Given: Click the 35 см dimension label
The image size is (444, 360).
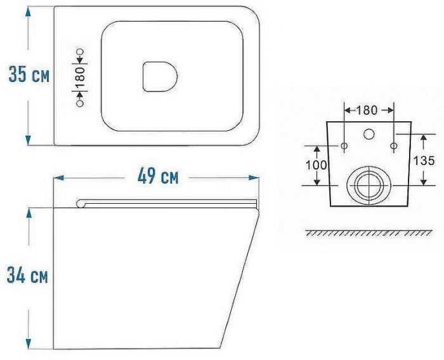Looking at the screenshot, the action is tap(29, 74).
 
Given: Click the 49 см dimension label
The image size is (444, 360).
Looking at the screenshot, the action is tap(158, 176).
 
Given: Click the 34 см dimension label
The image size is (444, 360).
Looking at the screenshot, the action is tap(27, 275).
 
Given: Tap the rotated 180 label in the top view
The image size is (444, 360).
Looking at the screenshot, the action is tap(80, 77).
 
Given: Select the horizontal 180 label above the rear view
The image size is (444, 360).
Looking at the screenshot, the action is tap(367, 110).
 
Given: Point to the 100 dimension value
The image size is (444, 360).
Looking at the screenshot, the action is tap(317, 165).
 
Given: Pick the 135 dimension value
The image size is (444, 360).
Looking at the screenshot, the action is tap(424, 161).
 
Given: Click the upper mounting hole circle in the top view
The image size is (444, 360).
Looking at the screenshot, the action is tap(81, 52).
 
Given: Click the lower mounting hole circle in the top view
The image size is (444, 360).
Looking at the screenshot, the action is tap(81, 103).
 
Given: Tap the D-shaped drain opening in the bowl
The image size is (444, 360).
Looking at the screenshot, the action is tap(160, 77).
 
